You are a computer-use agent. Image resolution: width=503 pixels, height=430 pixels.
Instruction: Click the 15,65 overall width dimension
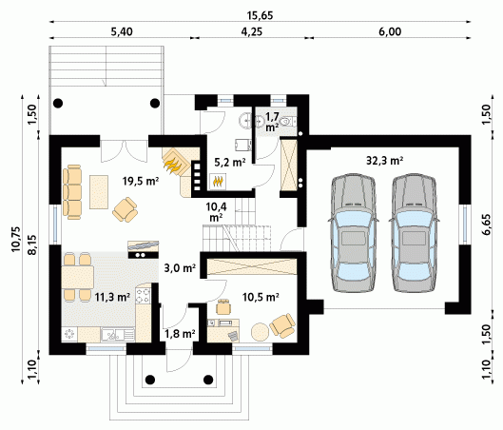(x=261, y=15)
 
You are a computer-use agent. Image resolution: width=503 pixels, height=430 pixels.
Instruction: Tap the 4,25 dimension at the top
(x=251, y=31)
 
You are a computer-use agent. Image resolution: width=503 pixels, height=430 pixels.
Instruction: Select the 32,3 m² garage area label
(x=385, y=160)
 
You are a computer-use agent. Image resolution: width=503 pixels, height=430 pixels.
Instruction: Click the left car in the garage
(x=353, y=233)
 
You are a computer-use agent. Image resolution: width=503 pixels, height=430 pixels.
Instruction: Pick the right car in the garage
(x=415, y=233)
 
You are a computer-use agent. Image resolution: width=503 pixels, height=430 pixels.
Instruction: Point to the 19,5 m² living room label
(x=141, y=181)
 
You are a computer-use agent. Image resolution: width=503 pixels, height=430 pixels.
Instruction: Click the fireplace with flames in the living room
(x=175, y=162)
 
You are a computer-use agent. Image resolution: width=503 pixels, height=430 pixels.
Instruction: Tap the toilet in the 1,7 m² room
(x=286, y=122)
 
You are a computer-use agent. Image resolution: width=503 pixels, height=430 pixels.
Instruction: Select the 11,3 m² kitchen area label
(x=112, y=298)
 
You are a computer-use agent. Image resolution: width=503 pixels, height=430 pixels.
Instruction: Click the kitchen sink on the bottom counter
(x=118, y=334)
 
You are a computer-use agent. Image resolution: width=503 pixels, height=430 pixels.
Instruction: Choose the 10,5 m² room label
(x=261, y=297)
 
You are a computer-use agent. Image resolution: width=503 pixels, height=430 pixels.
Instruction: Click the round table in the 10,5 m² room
(x=260, y=332)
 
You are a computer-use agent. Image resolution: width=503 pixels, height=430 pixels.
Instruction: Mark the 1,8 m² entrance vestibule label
(x=180, y=334)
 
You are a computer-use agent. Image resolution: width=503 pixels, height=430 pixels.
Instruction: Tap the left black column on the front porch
(x=150, y=380)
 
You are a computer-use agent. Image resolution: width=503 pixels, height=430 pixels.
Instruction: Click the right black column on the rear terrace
(x=155, y=103)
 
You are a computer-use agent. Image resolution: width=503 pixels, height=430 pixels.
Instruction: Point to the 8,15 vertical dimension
(x=32, y=245)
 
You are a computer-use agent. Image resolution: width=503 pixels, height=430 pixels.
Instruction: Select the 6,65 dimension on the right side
(x=487, y=225)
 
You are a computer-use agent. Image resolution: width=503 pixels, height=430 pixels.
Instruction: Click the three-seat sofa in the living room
(x=72, y=192)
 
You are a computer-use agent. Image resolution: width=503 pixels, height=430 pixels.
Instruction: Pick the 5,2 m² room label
(x=230, y=162)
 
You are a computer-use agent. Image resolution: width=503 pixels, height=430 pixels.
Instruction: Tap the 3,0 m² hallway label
(x=180, y=267)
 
